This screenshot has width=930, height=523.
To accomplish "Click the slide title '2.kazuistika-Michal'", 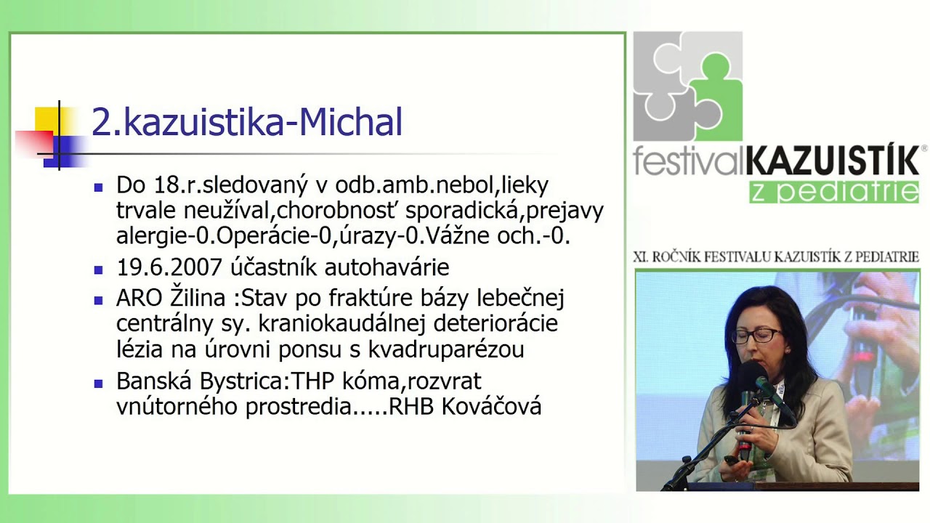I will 247,122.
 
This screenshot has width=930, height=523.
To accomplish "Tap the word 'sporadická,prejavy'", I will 504,211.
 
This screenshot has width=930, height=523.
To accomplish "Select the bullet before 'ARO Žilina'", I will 99,299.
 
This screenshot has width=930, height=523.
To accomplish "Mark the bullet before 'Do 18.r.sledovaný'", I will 99,186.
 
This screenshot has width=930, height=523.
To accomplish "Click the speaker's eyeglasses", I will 756,336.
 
